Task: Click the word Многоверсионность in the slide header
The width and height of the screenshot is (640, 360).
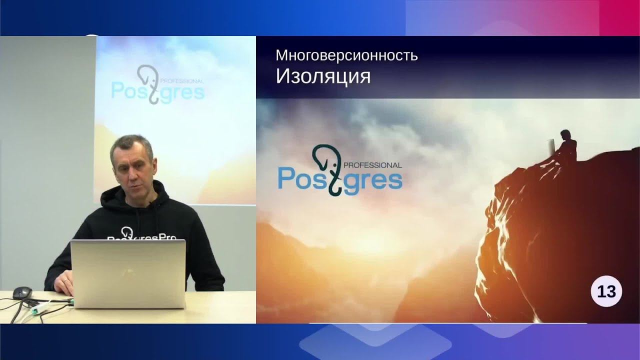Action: pyautogui.click(x=346, y=55)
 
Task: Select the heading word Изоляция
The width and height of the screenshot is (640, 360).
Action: pyautogui.click(x=323, y=76)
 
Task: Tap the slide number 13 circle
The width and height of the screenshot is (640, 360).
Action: pyautogui.click(x=606, y=291)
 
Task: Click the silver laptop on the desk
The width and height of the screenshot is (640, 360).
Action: pyautogui.click(x=128, y=273)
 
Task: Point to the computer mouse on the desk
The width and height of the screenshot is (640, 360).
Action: pyautogui.click(x=22, y=292)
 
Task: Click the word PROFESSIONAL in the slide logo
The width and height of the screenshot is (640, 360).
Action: pyautogui.click(x=373, y=164)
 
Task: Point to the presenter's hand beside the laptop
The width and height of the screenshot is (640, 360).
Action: pyautogui.click(x=65, y=283)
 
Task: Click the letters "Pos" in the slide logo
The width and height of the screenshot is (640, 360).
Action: pyautogui.click(x=299, y=179)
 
